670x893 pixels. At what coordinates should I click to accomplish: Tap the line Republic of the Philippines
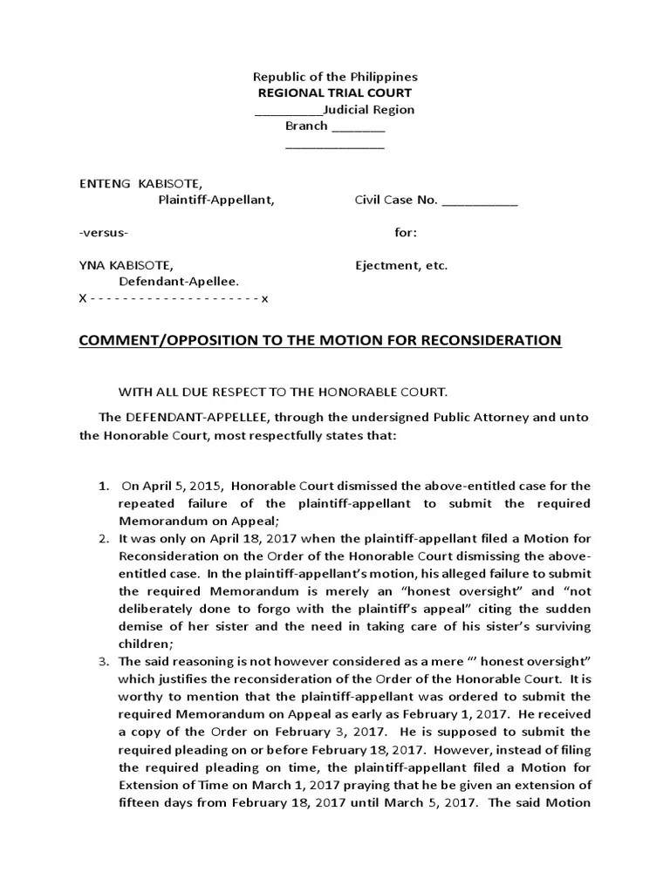click(335, 77)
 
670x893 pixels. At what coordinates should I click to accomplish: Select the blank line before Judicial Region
click(288, 111)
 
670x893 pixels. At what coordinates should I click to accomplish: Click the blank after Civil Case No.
click(480, 201)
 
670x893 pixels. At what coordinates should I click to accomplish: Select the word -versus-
click(104, 233)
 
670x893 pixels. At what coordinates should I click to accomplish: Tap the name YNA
click(92, 265)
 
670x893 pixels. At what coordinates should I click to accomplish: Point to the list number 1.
click(103, 486)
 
